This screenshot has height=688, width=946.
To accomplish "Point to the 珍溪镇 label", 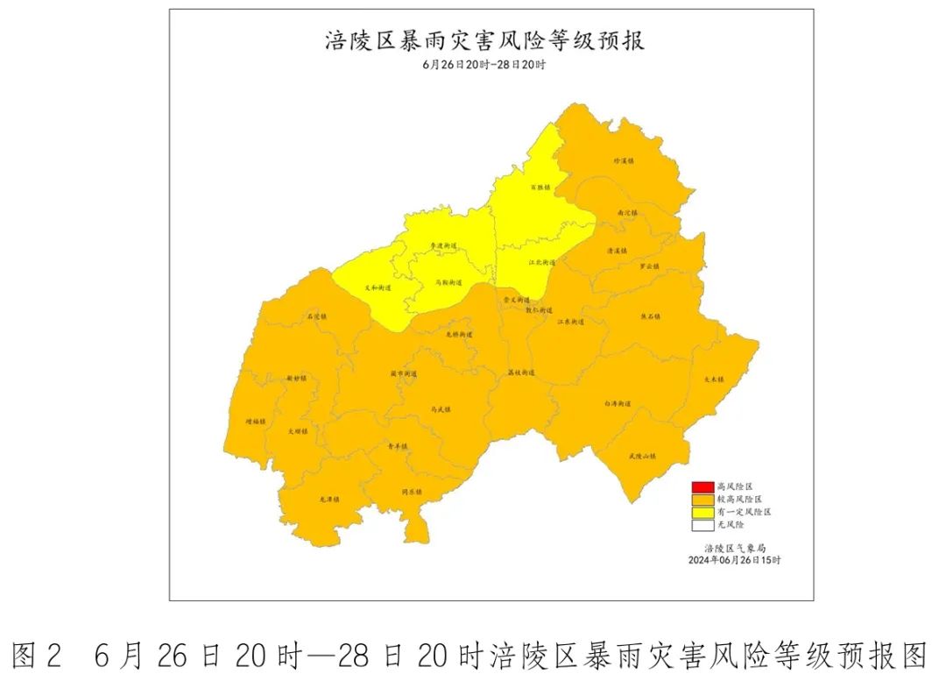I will [x=623, y=161].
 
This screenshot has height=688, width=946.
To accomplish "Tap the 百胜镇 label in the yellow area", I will [x=540, y=188].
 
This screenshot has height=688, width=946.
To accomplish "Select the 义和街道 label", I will [x=378, y=287].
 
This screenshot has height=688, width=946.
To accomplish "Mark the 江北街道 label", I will [x=541, y=263].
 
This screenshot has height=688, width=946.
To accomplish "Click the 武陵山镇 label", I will [x=642, y=456].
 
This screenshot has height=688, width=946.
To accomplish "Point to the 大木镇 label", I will [x=715, y=379].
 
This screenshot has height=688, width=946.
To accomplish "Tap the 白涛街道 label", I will [x=618, y=404].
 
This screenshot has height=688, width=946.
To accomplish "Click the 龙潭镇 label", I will [x=329, y=500].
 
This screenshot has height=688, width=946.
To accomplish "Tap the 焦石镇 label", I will [x=650, y=317].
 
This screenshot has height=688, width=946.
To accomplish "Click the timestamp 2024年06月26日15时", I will [x=734, y=559].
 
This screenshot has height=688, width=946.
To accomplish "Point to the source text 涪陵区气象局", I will [x=734, y=547].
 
